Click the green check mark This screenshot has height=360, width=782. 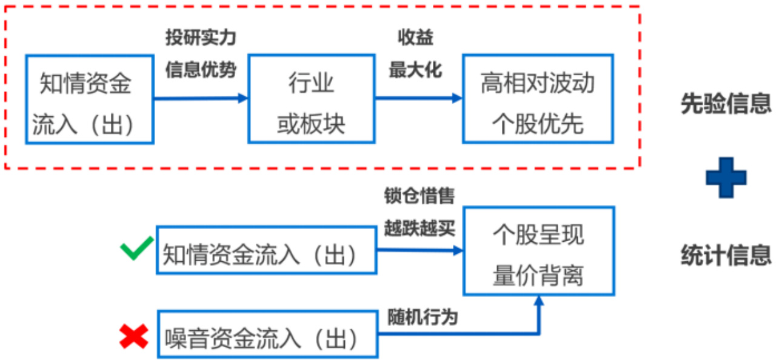[136, 249]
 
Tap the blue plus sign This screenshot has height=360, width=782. [726, 177]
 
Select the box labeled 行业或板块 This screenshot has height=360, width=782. [311, 99]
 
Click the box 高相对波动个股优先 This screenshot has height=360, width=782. [538, 99]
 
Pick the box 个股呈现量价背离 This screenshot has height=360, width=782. [538, 250]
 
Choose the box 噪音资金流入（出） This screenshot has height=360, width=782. [267, 334]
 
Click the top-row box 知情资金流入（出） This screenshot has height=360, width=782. [89, 99]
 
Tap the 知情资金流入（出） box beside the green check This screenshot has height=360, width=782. [266, 250]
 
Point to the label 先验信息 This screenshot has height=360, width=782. [726, 104]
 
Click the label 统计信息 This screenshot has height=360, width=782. [726, 255]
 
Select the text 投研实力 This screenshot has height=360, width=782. [201, 38]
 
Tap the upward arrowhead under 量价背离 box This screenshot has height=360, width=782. [538, 301]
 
